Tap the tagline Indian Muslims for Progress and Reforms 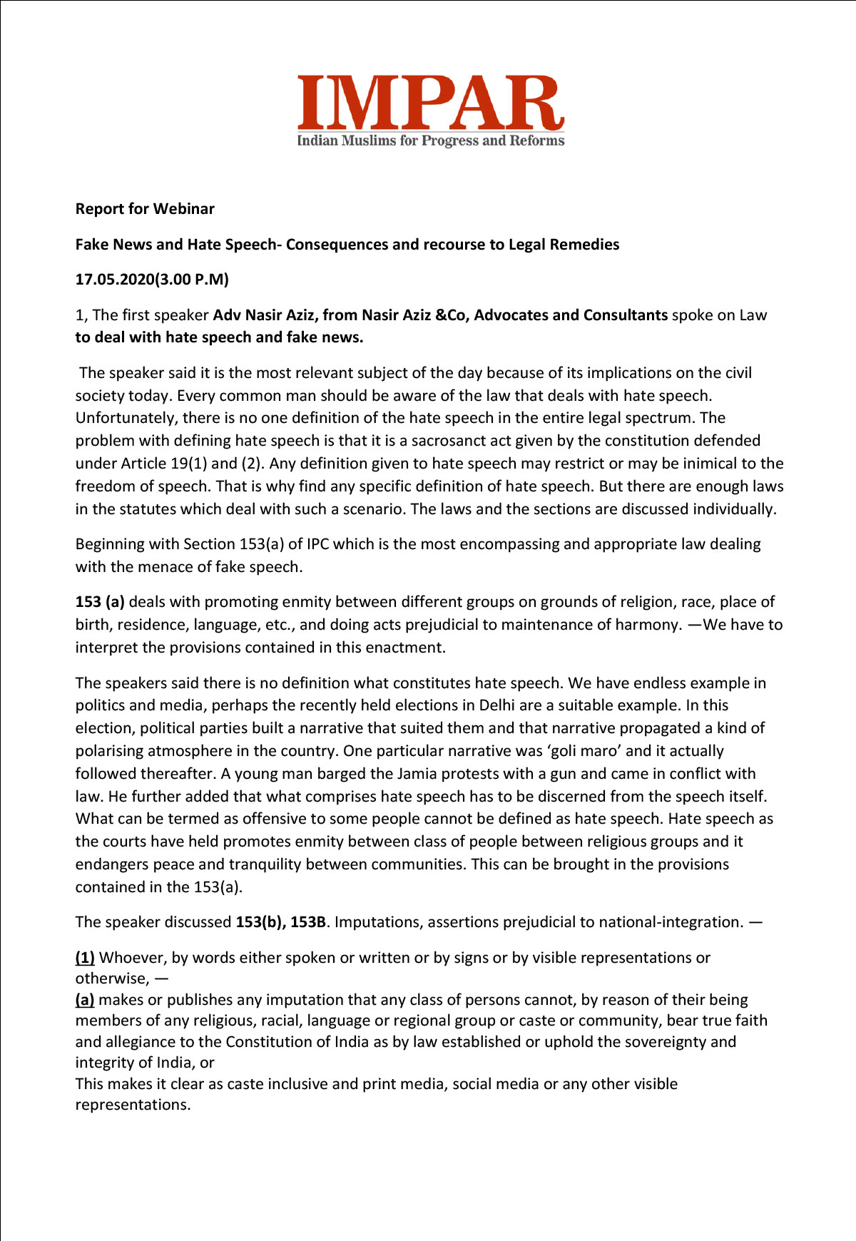430,141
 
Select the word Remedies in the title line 583,245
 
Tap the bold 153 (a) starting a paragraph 100,602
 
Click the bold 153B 307,922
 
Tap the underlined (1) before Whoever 85,958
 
